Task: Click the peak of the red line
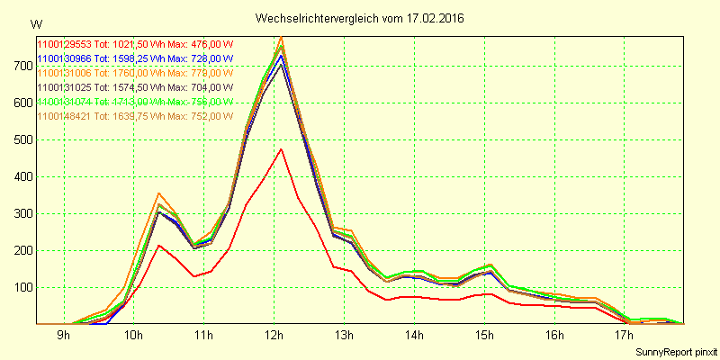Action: pyautogui.click(x=281, y=149)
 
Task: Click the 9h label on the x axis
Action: pyautogui.click(x=64, y=337)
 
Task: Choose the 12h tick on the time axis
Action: pyautogui.click(x=274, y=337)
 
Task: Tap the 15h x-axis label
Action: pyautogui.click(x=485, y=337)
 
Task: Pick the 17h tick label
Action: pyautogui.click(x=625, y=337)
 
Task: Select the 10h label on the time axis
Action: pyautogui.click(x=134, y=337)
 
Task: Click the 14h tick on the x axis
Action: pyautogui.click(x=415, y=337)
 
